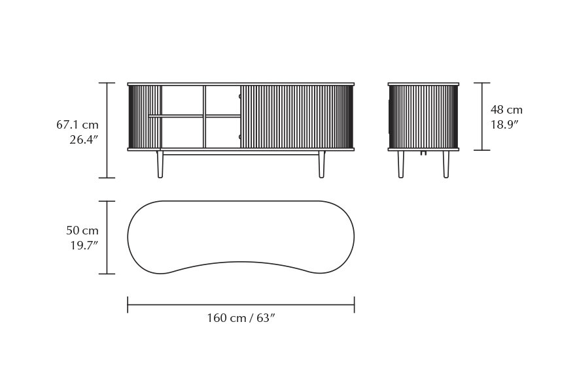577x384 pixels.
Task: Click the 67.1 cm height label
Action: tap(77, 124)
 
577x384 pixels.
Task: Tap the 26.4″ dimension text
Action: tap(84, 139)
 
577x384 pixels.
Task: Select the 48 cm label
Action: tap(506, 110)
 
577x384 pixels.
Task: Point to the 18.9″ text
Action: tap(504, 124)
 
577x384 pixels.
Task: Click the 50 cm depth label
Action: tap(82, 231)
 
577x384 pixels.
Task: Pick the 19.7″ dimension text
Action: tap(84, 246)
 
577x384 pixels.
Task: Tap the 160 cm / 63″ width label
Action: tap(241, 318)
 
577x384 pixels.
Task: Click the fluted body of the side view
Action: tap(423, 117)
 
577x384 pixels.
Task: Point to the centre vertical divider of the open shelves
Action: tap(204, 117)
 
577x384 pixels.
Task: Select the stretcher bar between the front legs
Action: tap(241, 153)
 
